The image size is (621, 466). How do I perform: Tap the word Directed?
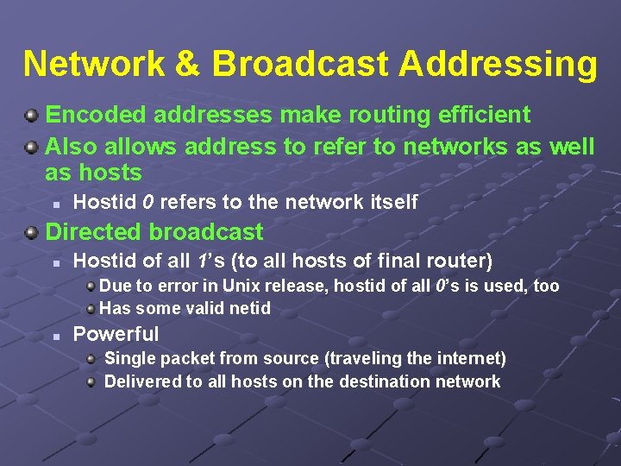point(95,231)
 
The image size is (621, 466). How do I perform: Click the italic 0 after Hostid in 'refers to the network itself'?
point(148,203)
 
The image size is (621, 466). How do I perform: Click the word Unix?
point(241,286)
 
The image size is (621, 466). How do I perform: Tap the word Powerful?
point(116,334)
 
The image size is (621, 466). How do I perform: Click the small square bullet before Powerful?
point(55,335)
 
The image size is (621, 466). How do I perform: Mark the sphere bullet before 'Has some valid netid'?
point(91,308)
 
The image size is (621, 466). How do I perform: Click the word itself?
point(393,203)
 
